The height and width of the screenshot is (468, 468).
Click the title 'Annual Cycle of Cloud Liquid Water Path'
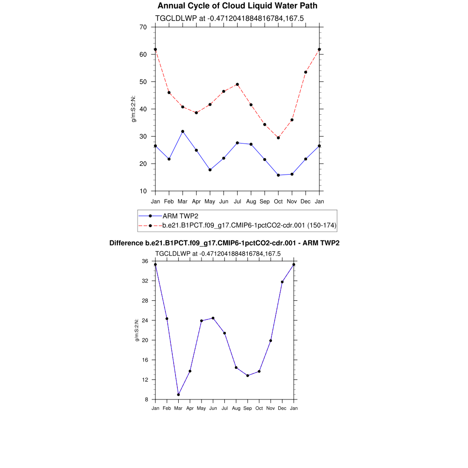(x=237, y=6)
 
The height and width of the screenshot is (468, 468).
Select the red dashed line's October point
(x=278, y=138)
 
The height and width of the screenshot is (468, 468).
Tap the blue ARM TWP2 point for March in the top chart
(x=183, y=131)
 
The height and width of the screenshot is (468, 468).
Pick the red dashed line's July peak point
(x=238, y=84)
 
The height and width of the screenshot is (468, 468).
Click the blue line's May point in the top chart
(x=210, y=170)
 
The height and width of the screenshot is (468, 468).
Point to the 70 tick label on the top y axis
(x=143, y=27)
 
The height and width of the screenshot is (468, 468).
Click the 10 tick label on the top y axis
(x=143, y=191)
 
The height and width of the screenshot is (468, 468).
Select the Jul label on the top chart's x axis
(x=238, y=201)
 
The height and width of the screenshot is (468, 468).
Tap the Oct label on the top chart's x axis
(x=278, y=201)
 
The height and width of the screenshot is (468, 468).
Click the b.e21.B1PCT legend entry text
(x=250, y=225)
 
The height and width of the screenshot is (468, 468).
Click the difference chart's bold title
(x=224, y=243)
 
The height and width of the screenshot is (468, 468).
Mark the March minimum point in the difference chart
(x=179, y=394)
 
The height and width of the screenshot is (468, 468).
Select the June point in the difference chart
(x=213, y=318)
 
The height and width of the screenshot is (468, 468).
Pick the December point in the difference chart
(x=282, y=282)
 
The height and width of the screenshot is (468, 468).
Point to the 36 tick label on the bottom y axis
(x=145, y=261)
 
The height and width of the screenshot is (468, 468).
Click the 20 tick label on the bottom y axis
(x=145, y=340)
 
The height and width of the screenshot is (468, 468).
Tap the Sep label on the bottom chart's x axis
(x=248, y=408)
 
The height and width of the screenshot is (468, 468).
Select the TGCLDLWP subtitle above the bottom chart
(x=218, y=254)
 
